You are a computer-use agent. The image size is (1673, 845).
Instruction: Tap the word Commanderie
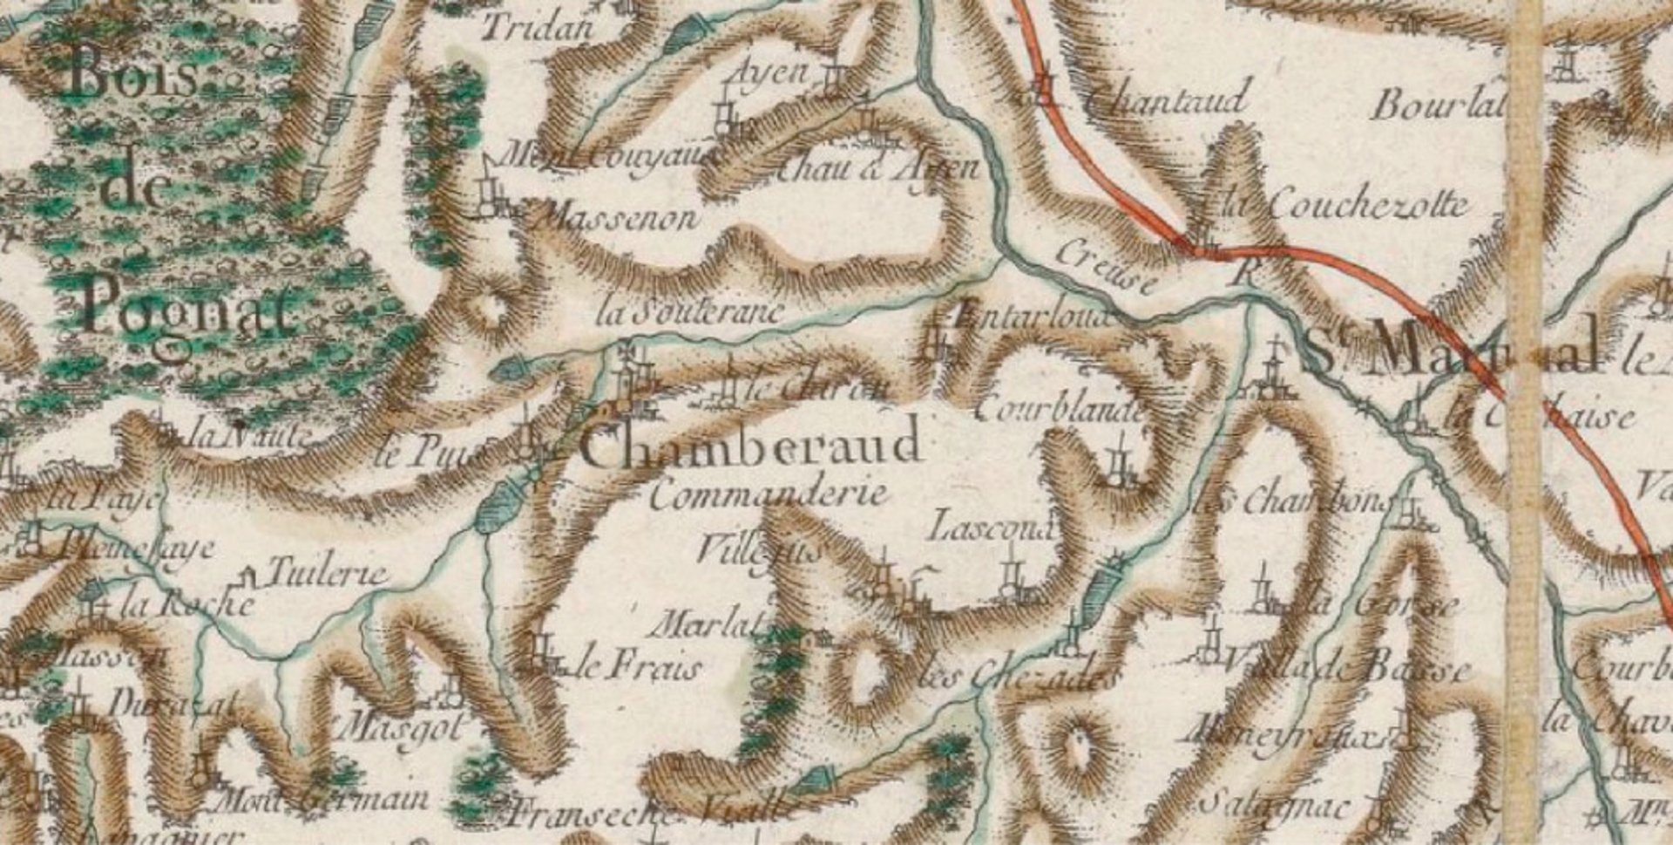pyautogui.click(x=769, y=495)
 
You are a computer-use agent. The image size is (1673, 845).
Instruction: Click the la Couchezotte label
pyautogui.click(x=1346, y=206)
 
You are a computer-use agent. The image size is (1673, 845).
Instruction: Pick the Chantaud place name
pyautogui.click(x=1168, y=99)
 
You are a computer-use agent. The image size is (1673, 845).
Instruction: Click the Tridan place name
pyautogui.click(x=537, y=28)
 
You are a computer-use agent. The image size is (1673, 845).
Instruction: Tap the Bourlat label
pyautogui.click(x=1438, y=106)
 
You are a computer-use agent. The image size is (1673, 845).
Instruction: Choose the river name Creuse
pyautogui.click(x=1107, y=266)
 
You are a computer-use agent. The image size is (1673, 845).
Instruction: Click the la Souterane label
pyautogui.click(x=688, y=312)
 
